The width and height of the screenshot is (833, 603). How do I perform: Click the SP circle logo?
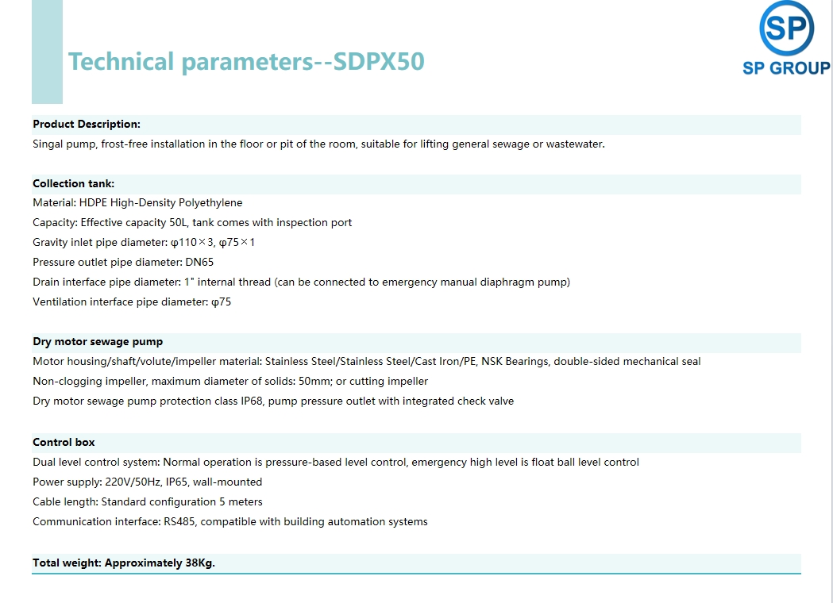786,28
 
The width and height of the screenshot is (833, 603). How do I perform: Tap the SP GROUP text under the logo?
786,68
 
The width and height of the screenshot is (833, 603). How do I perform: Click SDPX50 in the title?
379,62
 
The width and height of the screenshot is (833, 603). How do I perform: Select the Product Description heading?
87,125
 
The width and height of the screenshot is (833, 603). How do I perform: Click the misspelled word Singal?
48,144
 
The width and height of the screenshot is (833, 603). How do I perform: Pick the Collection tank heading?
73,183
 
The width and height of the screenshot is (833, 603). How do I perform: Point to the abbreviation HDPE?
93,203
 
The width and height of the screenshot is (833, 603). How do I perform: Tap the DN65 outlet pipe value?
199,262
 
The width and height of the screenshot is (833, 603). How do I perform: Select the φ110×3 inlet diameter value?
192,243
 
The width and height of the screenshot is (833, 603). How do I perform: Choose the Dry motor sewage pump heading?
98,342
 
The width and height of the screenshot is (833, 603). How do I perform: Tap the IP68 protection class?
252,401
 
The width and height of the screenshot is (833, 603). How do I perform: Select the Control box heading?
64,442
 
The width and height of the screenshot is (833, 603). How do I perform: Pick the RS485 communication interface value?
179,522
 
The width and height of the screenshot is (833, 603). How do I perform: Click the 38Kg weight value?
200,563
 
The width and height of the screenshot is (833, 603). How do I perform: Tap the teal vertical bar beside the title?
48,52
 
